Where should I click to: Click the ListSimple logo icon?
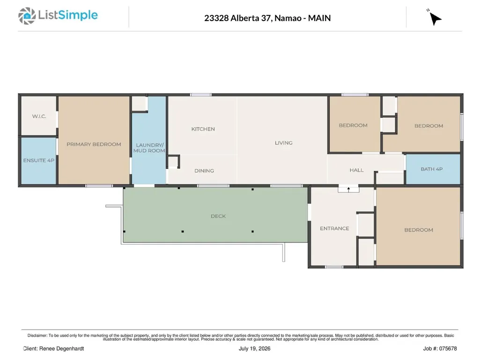pos(27,16)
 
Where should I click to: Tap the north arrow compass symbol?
pos(435,18)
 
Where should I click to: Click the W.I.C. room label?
pos(39,116)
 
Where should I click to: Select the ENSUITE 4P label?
pos(38,161)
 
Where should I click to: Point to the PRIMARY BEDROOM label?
pos(94,144)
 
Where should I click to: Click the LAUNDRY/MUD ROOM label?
pos(149,148)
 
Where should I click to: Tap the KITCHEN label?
pos(203,129)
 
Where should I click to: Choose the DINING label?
pos(204,171)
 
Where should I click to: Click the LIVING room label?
pos(283,143)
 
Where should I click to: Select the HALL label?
pos(357,170)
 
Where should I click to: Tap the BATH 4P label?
pos(432,169)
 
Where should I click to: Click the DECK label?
pos(218,216)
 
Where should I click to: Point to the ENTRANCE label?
pos(334,228)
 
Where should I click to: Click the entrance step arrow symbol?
pos(348,190)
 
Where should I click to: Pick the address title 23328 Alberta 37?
pos(237,18)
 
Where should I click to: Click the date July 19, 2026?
pos(254,349)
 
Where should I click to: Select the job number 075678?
pos(448,349)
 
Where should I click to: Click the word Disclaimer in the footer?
pos(37,336)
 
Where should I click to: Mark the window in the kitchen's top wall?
pos(200,95)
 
